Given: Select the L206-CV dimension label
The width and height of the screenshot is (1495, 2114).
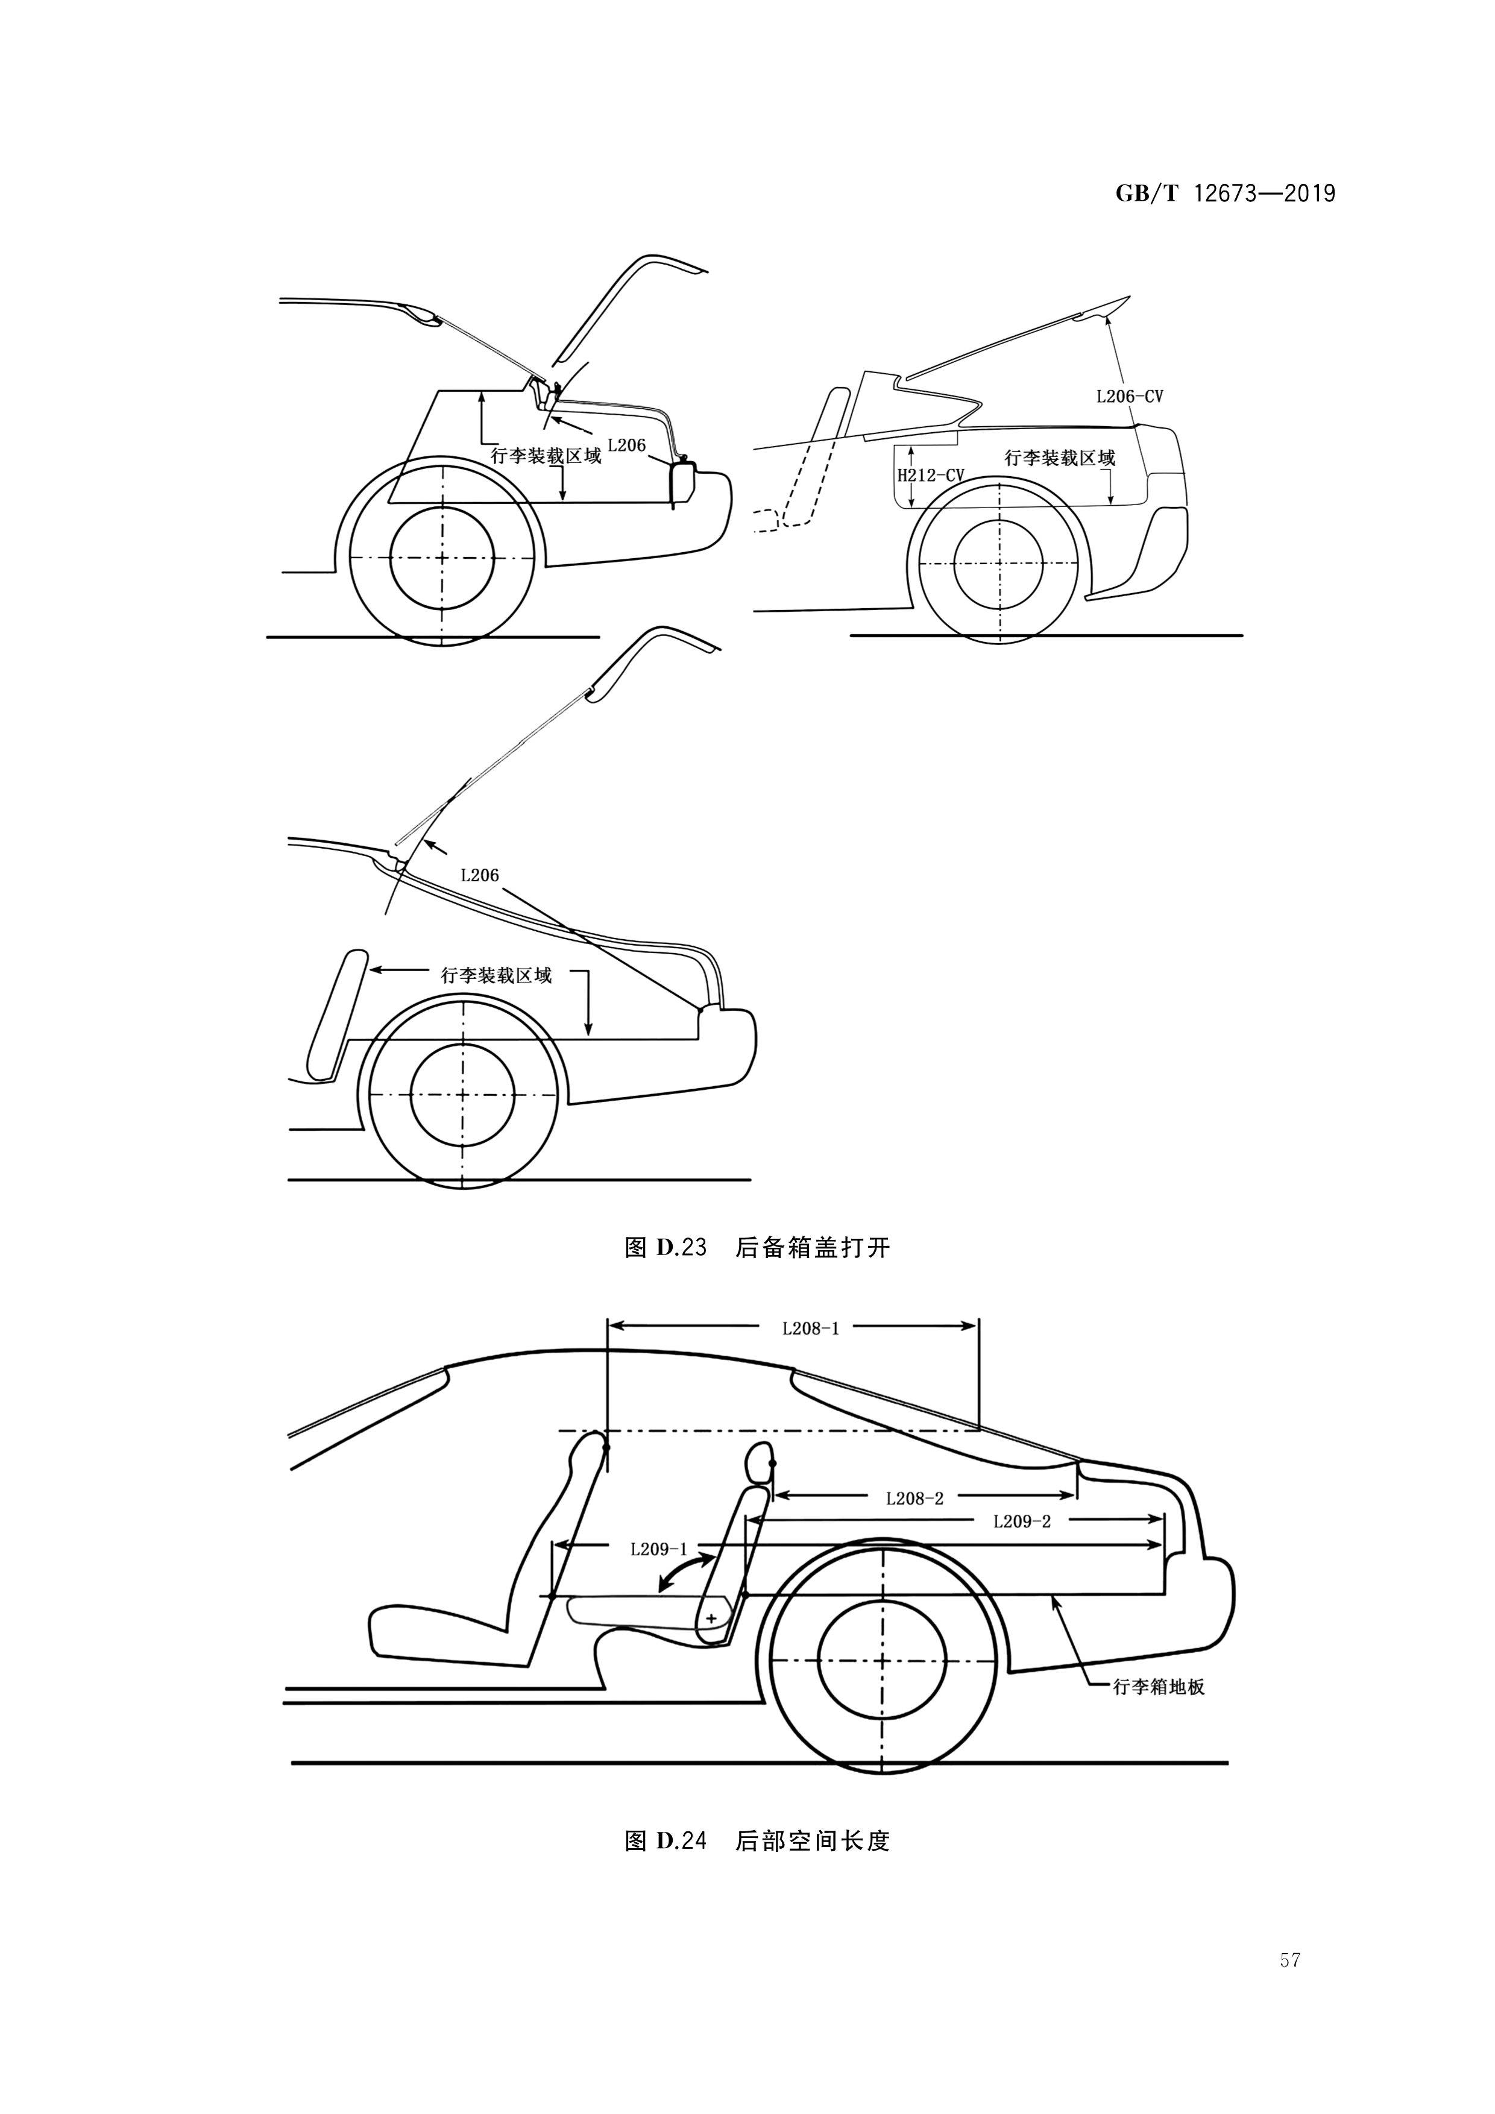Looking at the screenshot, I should click(x=1128, y=397).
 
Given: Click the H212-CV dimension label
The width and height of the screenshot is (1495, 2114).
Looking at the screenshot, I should click(x=931, y=475).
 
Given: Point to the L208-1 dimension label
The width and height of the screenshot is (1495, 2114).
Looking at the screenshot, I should click(x=810, y=1328).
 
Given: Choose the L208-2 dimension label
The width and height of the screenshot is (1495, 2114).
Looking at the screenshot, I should click(x=914, y=1498).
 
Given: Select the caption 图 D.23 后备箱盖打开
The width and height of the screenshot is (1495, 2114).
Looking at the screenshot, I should click(x=757, y=1248).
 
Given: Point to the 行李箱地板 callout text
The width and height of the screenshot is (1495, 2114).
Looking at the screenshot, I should click(x=1158, y=1687).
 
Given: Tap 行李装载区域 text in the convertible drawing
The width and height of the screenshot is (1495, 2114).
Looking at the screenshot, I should click(x=1059, y=458).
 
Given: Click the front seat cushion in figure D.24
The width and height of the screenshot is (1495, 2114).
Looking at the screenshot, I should click(x=442, y=1634).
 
